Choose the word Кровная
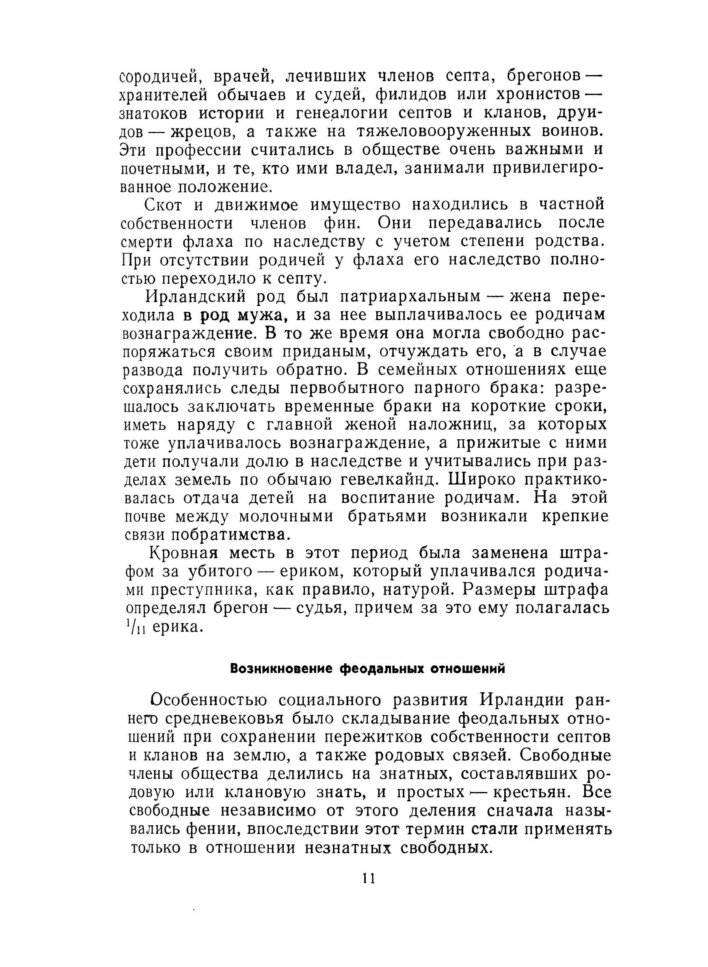point(183,554)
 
